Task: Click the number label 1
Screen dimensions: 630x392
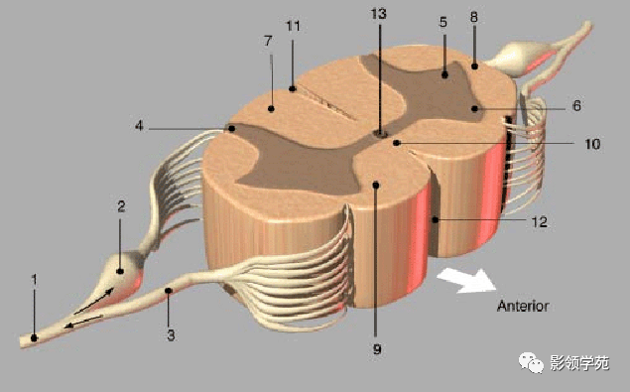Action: click(34, 280)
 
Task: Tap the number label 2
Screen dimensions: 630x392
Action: click(121, 206)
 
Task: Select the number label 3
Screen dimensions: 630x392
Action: click(171, 335)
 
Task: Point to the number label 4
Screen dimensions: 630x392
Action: click(139, 126)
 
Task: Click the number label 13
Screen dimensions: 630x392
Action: click(378, 14)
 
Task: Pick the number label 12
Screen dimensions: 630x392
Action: click(539, 221)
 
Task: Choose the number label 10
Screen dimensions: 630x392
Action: click(592, 144)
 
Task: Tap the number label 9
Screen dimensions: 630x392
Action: click(376, 349)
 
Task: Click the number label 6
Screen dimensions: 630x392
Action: click(576, 106)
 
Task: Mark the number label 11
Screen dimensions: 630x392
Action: click(293, 26)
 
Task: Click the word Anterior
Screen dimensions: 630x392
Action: click(523, 306)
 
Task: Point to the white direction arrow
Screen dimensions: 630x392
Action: click(466, 281)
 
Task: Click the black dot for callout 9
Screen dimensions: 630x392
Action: click(376, 185)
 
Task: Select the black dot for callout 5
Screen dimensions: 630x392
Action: click(444, 74)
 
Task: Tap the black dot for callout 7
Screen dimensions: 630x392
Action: click(271, 108)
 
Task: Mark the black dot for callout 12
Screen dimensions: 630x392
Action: click(436, 220)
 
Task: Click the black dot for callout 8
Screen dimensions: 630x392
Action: click(474, 65)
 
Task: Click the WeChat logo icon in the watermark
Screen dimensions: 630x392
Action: click(531, 362)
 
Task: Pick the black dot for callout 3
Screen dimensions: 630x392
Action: click(169, 291)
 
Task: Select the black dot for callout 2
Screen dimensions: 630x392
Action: click(120, 271)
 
